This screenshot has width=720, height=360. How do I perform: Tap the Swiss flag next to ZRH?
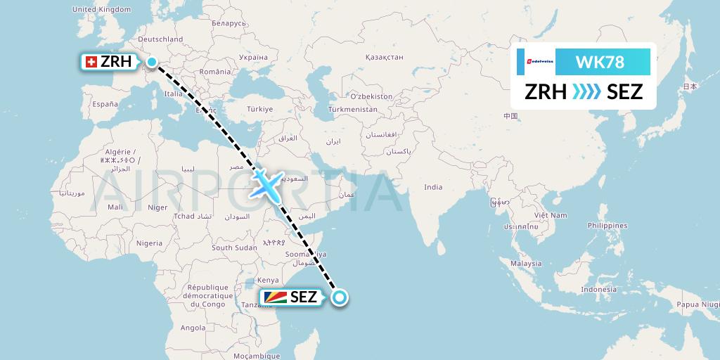pyautogui.click(x=91, y=62)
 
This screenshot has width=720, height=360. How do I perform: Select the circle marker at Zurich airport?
pyautogui.click(x=151, y=62)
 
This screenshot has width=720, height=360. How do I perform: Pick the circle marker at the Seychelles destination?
pyautogui.click(x=340, y=297)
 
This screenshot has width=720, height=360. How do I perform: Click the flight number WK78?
pyautogui.click(x=599, y=62)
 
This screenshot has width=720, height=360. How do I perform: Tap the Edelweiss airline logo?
pyautogui.click(x=536, y=62)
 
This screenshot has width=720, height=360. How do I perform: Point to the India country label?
pyautogui.click(x=433, y=187)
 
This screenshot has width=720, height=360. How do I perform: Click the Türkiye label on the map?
pyautogui.click(x=259, y=109)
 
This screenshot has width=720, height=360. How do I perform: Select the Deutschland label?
pyautogui.click(x=161, y=39)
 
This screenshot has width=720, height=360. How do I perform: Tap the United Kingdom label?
pyautogui.click(x=102, y=10)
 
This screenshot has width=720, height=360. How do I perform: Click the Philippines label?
pyautogui.click(x=608, y=226)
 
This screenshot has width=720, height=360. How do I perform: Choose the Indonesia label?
pyautogui.click(x=599, y=290)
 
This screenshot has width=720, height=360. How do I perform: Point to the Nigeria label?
pyautogui.click(x=149, y=243)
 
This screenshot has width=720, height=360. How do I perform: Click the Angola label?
pyautogui.click(x=193, y=328)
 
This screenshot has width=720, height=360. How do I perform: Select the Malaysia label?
pyautogui.click(x=527, y=263)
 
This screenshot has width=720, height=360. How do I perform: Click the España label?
pyautogui.click(x=105, y=104)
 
